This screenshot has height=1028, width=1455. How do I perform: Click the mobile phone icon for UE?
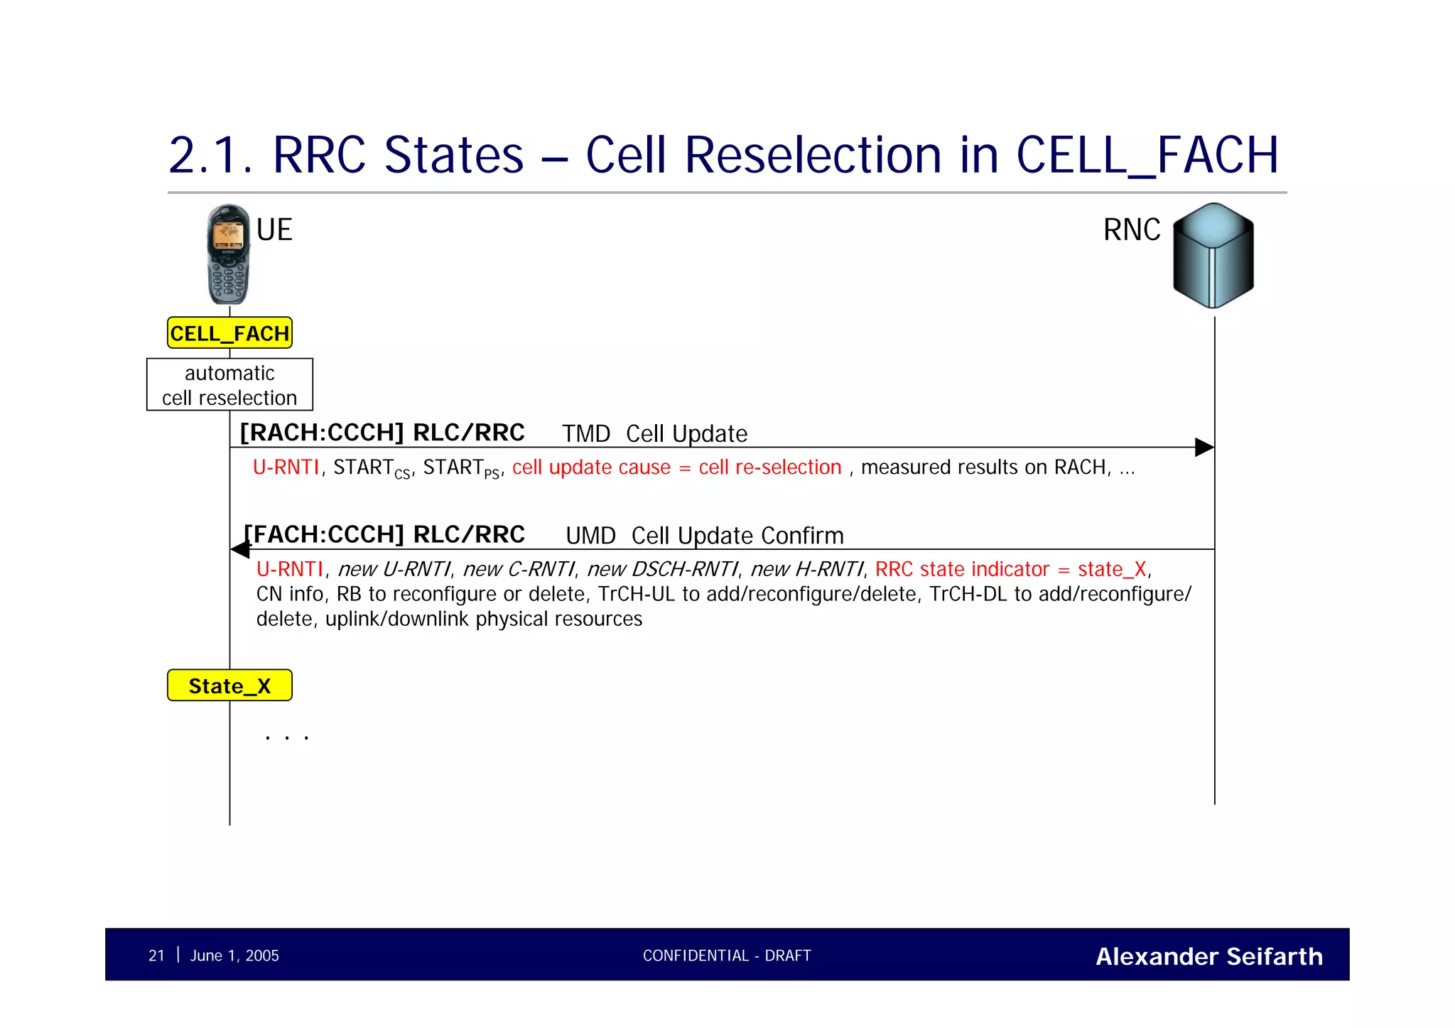228,254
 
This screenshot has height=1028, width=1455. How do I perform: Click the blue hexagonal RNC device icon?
1213,256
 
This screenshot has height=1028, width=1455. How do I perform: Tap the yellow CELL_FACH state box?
229,333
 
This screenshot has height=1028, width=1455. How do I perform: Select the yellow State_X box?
229,686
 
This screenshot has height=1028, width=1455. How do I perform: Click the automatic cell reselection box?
229,385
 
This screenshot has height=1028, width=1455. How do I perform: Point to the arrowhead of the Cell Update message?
1204,448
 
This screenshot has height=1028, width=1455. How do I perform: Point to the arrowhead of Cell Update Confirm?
241,549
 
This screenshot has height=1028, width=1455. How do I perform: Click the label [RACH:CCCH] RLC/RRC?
382,433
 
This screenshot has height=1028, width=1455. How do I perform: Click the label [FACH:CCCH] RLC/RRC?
384,534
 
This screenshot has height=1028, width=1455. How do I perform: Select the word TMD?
586,434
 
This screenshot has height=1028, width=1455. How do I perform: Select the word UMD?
590,536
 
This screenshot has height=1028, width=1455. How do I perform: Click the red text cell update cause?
591,467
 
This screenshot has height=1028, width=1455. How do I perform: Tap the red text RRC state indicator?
962,569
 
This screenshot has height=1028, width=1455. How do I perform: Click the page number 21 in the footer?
156,956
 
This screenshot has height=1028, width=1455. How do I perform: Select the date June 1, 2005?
234,956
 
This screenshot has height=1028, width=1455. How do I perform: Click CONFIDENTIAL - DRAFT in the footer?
727,956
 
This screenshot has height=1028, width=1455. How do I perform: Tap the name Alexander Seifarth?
1209,956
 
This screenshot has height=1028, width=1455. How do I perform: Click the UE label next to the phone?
274,230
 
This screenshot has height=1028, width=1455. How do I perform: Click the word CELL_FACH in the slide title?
1147,156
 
